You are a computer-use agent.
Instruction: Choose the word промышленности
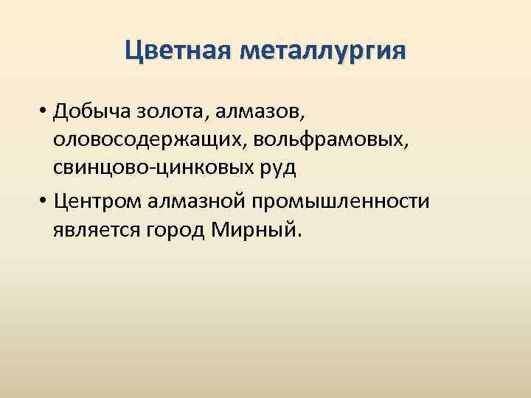click(x=345, y=200)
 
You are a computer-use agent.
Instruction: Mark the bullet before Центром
click(x=45, y=202)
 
